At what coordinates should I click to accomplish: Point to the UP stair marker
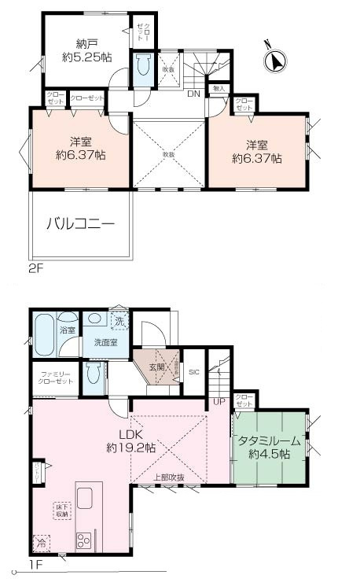point(218,403)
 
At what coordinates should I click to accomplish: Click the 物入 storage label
point(219,88)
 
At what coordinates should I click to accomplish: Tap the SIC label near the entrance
point(193,371)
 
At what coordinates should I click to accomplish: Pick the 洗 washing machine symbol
point(119,321)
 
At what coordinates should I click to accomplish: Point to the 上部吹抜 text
point(169,477)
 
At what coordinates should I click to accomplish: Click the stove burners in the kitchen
point(83,540)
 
